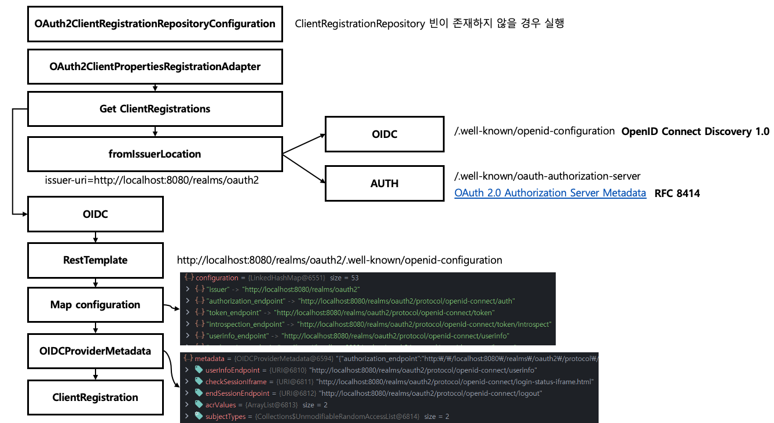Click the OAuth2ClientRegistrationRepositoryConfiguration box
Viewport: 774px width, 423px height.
pyautogui.click(x=155, y=24)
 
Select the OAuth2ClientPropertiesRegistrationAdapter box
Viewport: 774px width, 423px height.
pyautogui.click(x=155, y=67)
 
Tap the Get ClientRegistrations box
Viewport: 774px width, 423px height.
pyautogui.click(x=155, y=109)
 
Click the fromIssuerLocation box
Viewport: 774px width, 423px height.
pyautogui.click(x=155, y=154)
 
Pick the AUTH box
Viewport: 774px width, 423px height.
pyautogui.click(x=384, y=184)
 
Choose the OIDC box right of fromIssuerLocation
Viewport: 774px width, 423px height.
pyautogui.click(x=384, y=134)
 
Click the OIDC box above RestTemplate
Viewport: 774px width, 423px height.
pyautogui.click(x=96, y=214)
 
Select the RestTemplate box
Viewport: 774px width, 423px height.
pyautogui.click(x=96, y=260)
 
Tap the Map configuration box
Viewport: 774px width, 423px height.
pyautogui.click(x=96, y=305)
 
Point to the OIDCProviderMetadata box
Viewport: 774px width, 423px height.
pyautogui.click(x=96, y=351)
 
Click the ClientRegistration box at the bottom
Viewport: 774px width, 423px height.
pyautogui.click(x=96, y=398)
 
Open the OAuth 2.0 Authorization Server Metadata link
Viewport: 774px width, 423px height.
pyautogui.click(x=550, y=194)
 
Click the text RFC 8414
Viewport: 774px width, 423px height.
pyautogui.click(x=677, y=194)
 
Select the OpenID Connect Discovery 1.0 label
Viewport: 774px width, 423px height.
pyautogui.click(x=695, y=132)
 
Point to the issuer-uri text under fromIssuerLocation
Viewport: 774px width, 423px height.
pyautogui.click(x=152, y=180)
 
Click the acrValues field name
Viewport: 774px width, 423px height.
pyautogui.click(x=221, y=405)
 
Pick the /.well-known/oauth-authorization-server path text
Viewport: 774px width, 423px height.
pyautogui.click(x=547, y=176)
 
